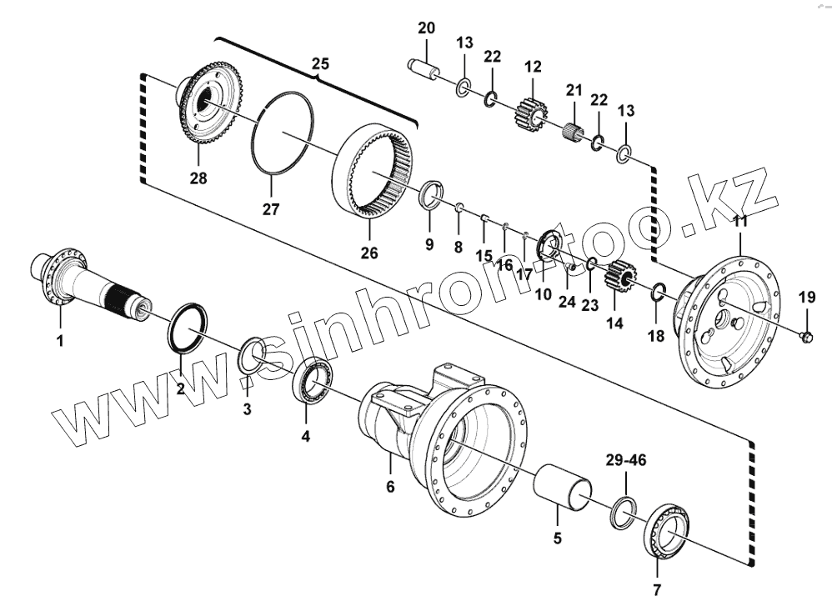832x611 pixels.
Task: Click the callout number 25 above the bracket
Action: click(320, 63)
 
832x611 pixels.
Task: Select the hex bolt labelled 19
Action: click(807, 336)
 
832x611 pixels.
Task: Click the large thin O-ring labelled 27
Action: click(283, 133)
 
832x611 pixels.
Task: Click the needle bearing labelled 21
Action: click(572, 132)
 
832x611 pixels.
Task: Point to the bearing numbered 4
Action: click(313, 380)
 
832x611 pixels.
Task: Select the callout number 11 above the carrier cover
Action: click(739, 222)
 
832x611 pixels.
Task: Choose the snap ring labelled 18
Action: click(658, 292)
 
